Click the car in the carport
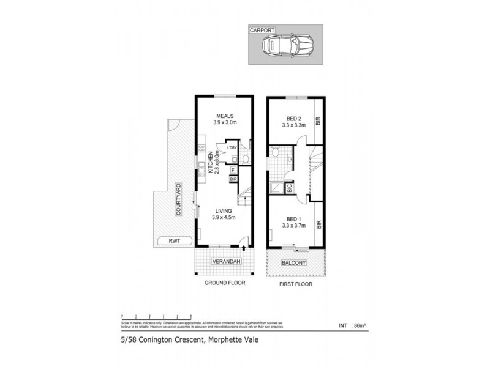287,45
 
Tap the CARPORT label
260,29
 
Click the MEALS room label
224,116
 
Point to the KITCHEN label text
209,163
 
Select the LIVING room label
223,210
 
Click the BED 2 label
294,119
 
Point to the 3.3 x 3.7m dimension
294,225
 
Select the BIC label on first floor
290,188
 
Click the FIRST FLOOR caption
295,284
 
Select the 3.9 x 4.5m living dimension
223,217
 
